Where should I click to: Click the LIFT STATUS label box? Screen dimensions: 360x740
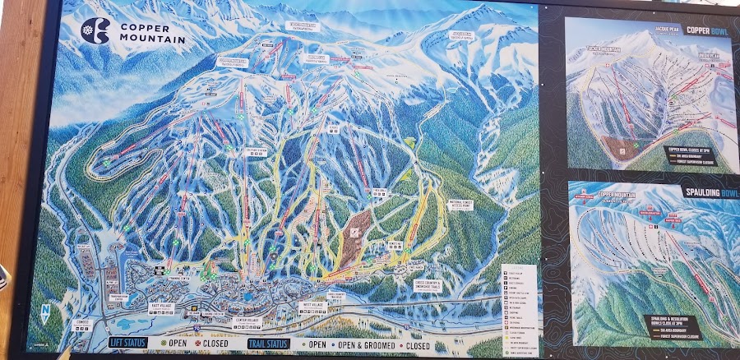(132, 342)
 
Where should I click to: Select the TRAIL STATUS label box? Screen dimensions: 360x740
(271, 343)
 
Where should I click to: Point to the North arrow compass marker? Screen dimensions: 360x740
(44, 312)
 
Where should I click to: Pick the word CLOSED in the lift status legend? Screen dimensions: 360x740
(214, 343)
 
